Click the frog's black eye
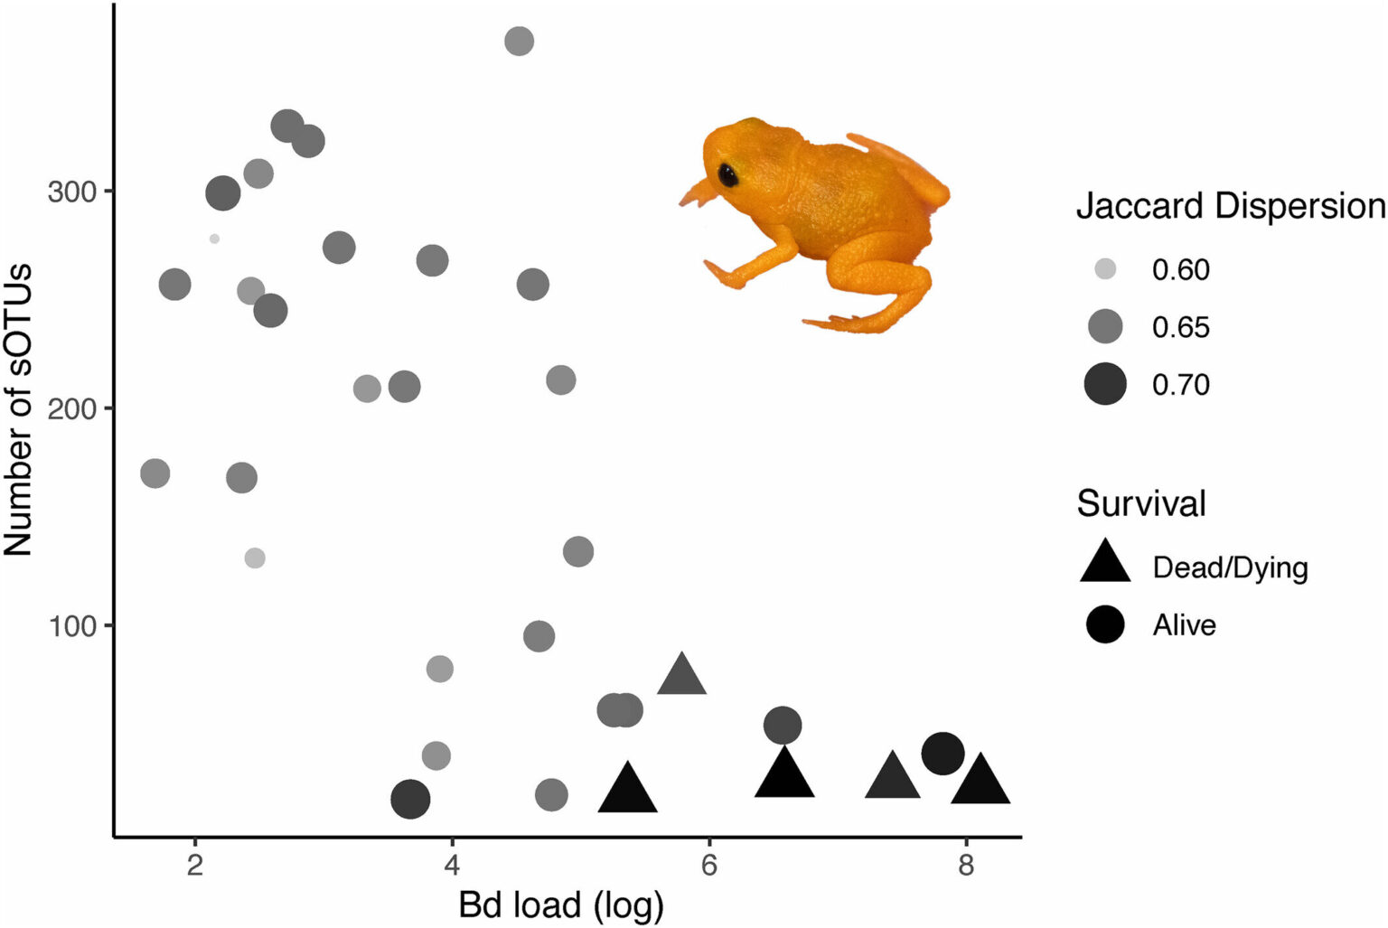click(727, 175)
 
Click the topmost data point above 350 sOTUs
click(519, 41)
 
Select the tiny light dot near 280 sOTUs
click(214, 239)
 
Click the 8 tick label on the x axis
click(966, 866)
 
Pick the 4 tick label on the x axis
click(452, 866)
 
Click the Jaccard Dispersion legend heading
click(1230, 207)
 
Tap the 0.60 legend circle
click(1105, 269)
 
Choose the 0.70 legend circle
click(1105, 384)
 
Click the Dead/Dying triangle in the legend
click(1105, 564)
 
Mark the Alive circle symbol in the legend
click(1105, 624)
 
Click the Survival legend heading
click(1141, 503)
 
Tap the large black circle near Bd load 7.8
click(943, 754)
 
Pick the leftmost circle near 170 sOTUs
click(155, 473)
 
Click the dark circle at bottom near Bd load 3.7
click(410, 800)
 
